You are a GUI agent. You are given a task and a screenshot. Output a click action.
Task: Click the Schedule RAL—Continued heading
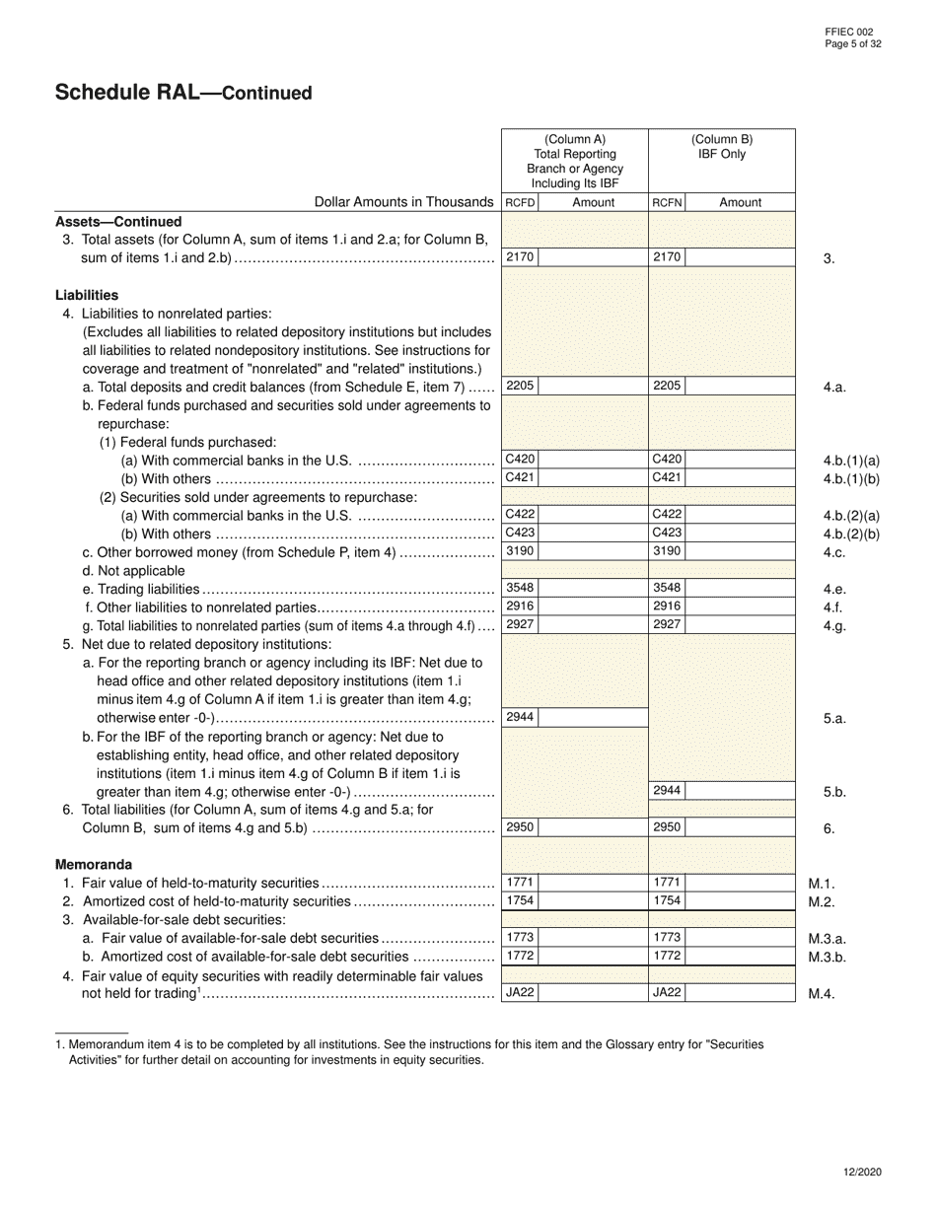pos(183,93)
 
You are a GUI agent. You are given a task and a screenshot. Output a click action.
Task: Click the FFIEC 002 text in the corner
pos(848,33)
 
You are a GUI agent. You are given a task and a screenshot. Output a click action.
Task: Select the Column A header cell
pos(575,161)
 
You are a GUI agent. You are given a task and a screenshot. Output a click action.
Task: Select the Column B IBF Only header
pos(721,147)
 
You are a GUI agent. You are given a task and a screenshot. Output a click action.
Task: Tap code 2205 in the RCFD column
pos(519,387)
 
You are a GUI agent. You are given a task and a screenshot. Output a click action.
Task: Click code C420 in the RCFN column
pos(666,460)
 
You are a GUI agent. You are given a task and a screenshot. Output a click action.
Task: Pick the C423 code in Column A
pos(519,534)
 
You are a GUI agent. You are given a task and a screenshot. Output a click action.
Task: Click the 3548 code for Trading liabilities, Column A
pos(519,588)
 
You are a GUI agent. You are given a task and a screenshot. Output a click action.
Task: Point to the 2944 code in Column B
pos(666,791)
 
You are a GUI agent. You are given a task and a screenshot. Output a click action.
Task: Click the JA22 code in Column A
pos(519,993)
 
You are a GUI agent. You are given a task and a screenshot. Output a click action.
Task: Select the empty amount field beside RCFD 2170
pos(592,257)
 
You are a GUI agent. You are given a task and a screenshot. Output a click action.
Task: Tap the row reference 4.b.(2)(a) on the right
pos(850,516)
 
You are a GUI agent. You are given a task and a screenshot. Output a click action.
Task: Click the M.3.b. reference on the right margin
pos(828,957)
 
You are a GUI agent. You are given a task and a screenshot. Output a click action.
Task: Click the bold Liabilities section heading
pos(87,295)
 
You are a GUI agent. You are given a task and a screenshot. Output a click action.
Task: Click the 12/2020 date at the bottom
pos(863,1172)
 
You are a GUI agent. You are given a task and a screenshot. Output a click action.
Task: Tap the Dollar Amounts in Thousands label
pos(403,202)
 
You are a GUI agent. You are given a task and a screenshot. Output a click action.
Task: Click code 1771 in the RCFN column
pos(666,883)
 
